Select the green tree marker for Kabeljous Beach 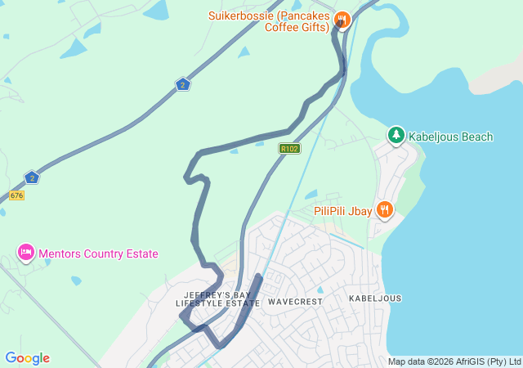[396, 135]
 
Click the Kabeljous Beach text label [450, 137]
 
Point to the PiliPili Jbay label [343, 211]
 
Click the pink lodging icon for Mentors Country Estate [25, 253]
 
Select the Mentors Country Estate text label [98, 254]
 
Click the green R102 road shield [289, 149]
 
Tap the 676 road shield [17, 195]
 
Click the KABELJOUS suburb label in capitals [375, 298]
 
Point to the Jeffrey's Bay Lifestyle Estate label [218, 298]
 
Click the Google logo [27, 358]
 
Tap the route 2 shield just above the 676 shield [32, 177]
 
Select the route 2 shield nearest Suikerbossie [182, 83]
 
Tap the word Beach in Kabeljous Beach [476, 137]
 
